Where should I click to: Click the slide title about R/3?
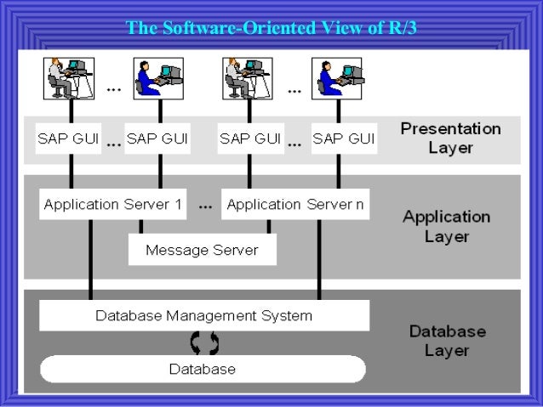pyautogui.click(x=271, y=29)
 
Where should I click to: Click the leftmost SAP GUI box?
pyautogui.click(x=68, y=138)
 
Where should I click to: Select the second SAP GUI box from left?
pyautogui.click(x=157, y=138)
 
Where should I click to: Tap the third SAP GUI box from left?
pyautogui.click(x=251, y=138)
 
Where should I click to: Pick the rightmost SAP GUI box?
pyautogui.click(x=343, y=138)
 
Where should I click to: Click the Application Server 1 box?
pyautogui.click(x=112, y=205)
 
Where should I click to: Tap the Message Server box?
pyautogui.click(x=202, y=250)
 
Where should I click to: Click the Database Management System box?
pyautogui.click(x=204, y=316)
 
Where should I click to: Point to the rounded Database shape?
pyautogui.click(x=203, y=369)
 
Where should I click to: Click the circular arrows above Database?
pyautogui.click(x=204, y=342)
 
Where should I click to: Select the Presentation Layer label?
pyautogui.click(x=450, y=138)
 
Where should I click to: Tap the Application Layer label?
pyautogui.click(x=446, y=225)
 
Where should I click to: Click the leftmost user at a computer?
pyautogui.click(x=68, y=77)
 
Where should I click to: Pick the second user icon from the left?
pyautogui.click(x=157, y=77)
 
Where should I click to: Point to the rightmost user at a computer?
pyautogui.click(x=337, y=77)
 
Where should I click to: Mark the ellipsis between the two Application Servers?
pyautogui.click(x=205, y=206)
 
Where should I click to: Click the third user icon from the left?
pyautogui.click(x=246, y=77)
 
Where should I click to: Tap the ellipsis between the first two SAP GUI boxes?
pyautogui.click(x=113, y=144)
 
